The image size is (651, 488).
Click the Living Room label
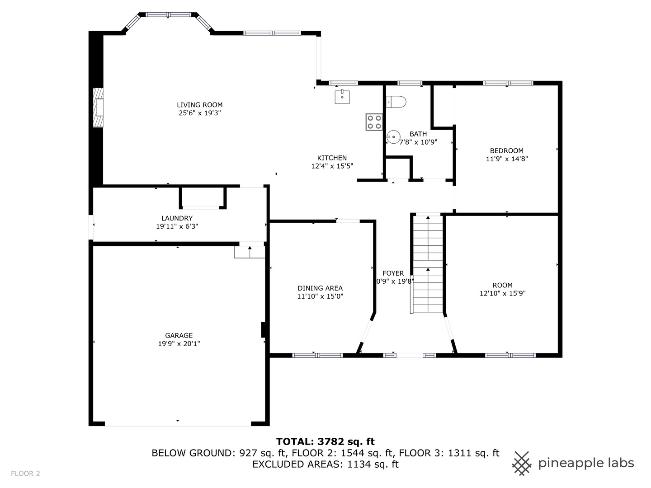199,105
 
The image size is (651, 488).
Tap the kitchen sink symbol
342,97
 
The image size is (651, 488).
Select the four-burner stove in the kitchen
374,122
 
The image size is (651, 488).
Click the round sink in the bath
393,136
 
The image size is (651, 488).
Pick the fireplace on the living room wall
98,108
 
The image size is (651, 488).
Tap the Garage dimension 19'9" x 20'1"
179,344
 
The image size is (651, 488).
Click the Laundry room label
177,218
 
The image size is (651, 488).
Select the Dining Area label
320,288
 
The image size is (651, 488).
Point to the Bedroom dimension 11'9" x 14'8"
507,159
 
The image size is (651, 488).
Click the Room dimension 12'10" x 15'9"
502,293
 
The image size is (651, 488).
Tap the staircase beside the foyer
428,264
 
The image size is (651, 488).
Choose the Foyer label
393,273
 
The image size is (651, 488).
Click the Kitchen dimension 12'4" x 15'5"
332,166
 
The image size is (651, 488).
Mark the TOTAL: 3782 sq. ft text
325,441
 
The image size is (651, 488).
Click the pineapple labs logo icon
522,463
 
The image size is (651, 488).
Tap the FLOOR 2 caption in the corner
26,474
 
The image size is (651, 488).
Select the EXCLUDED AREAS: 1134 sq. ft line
325,464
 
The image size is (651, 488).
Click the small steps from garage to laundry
250,252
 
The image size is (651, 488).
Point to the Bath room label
418,134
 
